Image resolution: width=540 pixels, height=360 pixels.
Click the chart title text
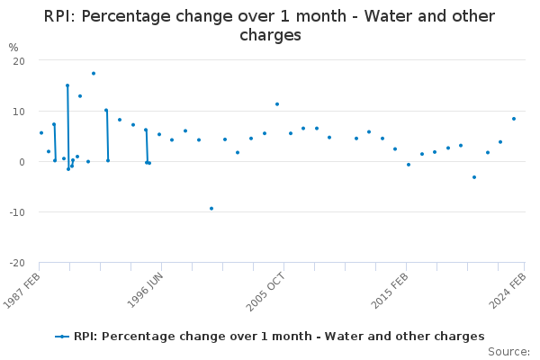point(270,25)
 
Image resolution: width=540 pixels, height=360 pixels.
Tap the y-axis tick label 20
point(18,60)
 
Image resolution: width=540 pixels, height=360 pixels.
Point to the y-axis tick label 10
point(18,111)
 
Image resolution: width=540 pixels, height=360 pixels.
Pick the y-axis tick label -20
point(15,263)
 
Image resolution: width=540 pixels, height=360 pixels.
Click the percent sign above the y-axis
point(13,47)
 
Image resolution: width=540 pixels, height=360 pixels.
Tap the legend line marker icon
point(62,336)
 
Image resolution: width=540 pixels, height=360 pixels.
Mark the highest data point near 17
point(94,73)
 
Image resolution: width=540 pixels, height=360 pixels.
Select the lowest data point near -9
point(211,208)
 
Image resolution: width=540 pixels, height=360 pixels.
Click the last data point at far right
point(514,119)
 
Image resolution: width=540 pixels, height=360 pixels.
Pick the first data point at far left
point(40,133)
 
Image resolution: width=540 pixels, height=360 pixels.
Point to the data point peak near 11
point(277,104)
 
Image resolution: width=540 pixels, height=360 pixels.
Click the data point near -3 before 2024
point(474,177)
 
